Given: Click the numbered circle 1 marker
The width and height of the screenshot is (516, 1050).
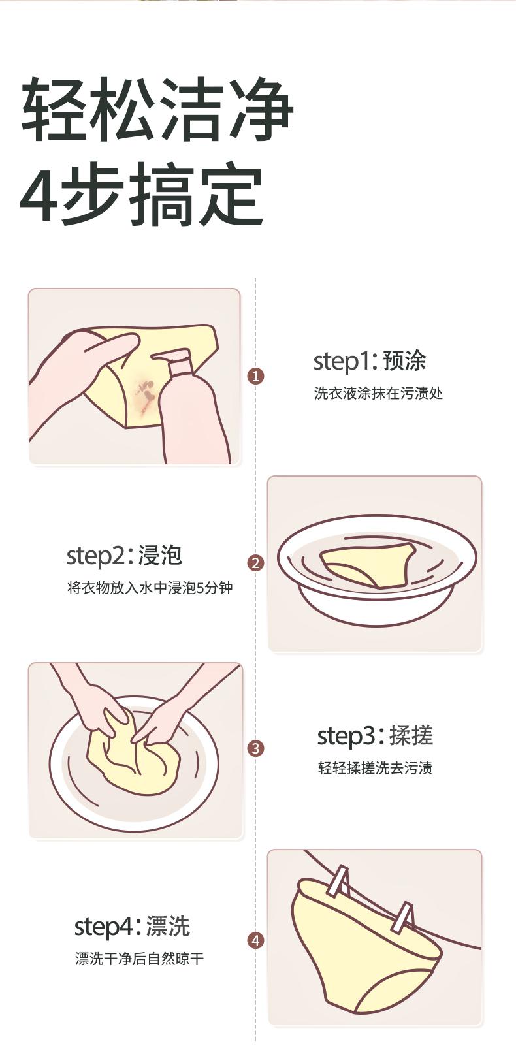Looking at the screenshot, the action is click(x=255, y=376).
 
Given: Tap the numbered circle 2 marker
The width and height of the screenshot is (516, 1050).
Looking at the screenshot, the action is click(x=255, y=562).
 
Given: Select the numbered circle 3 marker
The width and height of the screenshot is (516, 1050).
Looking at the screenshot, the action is click(x=255, y=748).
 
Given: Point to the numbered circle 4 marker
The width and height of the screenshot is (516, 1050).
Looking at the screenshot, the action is click(x=255, y=940).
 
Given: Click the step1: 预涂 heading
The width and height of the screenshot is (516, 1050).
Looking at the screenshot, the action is click(x=370, y=361).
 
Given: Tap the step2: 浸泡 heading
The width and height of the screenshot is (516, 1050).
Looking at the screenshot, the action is click(x=124, y=556).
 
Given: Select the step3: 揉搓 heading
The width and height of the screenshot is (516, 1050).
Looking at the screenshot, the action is click(x=375, y=735).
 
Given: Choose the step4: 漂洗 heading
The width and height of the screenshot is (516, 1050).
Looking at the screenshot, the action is click(x=133, y=926).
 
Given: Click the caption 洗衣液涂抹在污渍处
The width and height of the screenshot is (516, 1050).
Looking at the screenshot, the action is click(x=378, y=393).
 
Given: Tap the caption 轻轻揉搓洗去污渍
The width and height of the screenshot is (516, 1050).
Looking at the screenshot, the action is click(x=375, y=768).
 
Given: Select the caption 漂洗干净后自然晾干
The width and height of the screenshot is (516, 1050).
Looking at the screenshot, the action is click(x=139, y=959).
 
